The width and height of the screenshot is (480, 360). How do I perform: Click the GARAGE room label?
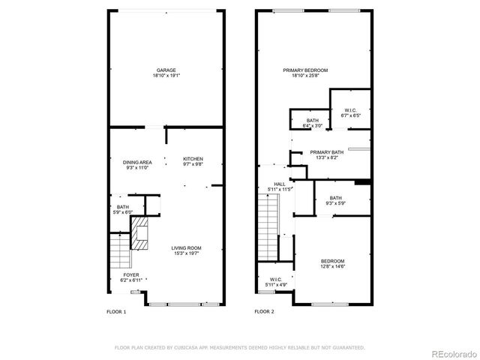click(166, 70)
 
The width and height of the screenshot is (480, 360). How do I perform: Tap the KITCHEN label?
click(193, 158)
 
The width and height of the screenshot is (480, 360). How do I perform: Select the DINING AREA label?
click(138, 162)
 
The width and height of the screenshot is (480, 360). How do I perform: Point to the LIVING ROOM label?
click(186, 248)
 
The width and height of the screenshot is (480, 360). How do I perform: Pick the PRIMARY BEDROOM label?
click(305, 70)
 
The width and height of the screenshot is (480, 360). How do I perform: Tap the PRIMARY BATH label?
click(327, 151)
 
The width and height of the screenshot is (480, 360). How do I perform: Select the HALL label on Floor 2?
click(280, 184)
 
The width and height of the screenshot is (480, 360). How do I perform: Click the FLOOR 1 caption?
click(116, 311)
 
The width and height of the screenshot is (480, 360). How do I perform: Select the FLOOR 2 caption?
click(264, 311)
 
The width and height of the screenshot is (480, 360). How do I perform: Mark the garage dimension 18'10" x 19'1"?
click(166, 76)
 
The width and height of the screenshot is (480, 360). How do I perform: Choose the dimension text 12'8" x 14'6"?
click(333, 266)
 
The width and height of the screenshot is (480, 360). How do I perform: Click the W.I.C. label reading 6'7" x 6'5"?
click(350, 112)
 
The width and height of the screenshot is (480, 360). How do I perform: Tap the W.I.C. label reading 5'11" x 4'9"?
click(276, 281)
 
